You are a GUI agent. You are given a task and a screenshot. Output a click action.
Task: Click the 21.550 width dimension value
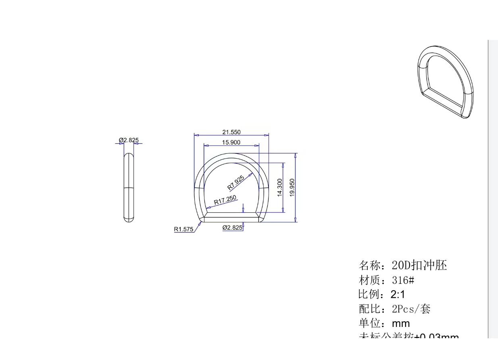click(x=231, y=132)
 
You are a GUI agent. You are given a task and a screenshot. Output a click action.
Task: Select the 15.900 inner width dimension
click(x=231, y=142)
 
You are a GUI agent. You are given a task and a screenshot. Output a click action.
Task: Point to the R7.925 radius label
click(x=236, y=183)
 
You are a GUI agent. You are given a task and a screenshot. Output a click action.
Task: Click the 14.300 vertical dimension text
click(x=279, y=188)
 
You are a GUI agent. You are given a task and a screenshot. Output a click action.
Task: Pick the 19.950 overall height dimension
click(x=292, y=188)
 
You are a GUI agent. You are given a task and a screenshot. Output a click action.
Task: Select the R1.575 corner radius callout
click(x=184, y=229)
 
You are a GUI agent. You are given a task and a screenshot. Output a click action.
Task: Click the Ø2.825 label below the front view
click(x=233, y=228)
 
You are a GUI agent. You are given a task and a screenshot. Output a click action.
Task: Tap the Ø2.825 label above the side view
click(x=129, y=140)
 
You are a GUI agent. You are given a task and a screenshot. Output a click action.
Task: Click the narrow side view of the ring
click(x=129, y=188)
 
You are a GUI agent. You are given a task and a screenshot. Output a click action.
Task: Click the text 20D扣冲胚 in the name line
click(x=419, y=266)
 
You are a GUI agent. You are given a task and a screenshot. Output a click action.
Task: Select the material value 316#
click(x=403, y=280)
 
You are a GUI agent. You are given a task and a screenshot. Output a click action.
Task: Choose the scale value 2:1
click(x=398, y=294)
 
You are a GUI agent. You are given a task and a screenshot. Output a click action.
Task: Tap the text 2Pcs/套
click(x=411, y=309)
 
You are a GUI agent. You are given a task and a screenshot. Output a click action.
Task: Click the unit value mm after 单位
click(x=401, y=324)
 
